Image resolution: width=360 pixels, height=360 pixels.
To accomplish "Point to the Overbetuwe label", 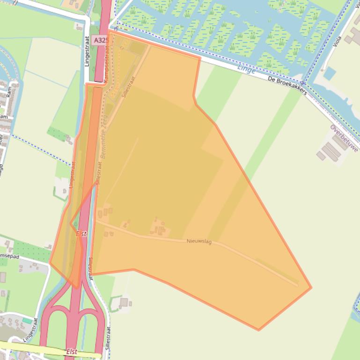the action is (x=344, y=138).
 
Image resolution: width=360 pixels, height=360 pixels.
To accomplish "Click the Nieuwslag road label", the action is (x=199, y=241).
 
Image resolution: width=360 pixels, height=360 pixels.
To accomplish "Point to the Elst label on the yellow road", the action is (x=71, y=351).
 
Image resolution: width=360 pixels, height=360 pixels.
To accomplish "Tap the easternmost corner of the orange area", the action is (x=311, y=287).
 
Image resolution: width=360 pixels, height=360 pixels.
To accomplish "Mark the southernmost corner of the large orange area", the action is (x=258, y=331).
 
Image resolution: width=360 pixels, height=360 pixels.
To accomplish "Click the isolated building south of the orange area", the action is (x=124, y=302).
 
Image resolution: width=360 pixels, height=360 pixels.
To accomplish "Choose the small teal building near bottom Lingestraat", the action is (x=27, y=321).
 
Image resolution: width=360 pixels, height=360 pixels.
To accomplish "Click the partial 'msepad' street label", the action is (x=9, y=256).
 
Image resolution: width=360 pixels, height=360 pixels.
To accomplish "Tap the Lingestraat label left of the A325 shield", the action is (x=87, y=51).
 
